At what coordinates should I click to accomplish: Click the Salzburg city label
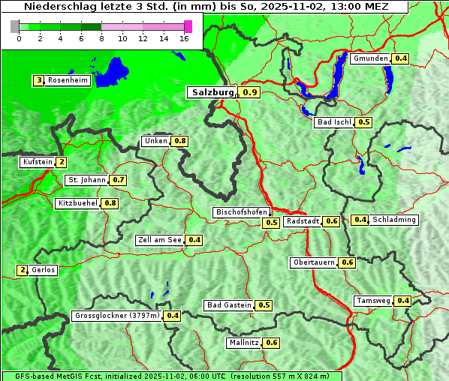pos(212,92)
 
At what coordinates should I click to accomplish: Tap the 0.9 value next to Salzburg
pos(250,93)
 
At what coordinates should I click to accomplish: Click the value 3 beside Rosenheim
pos(38,80)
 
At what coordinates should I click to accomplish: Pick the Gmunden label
pos(370,58)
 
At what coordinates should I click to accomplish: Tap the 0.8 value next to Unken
pos(179,141)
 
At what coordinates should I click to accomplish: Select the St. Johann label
pos(86,180)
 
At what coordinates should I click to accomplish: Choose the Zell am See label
pos(160,240)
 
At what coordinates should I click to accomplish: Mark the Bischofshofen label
pos(241,213)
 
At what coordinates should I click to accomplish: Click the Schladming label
pos(393,220)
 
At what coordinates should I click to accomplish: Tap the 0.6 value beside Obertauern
pos(347,262)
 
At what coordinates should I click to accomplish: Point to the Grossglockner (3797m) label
pos(117,316)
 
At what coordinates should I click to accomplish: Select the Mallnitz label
pos(243,343)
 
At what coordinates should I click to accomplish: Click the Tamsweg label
pos(373,301)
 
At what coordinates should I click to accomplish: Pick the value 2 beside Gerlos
pos(23,270)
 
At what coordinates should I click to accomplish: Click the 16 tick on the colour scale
pos(185,38)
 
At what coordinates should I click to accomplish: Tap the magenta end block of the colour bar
pos(188,26)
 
